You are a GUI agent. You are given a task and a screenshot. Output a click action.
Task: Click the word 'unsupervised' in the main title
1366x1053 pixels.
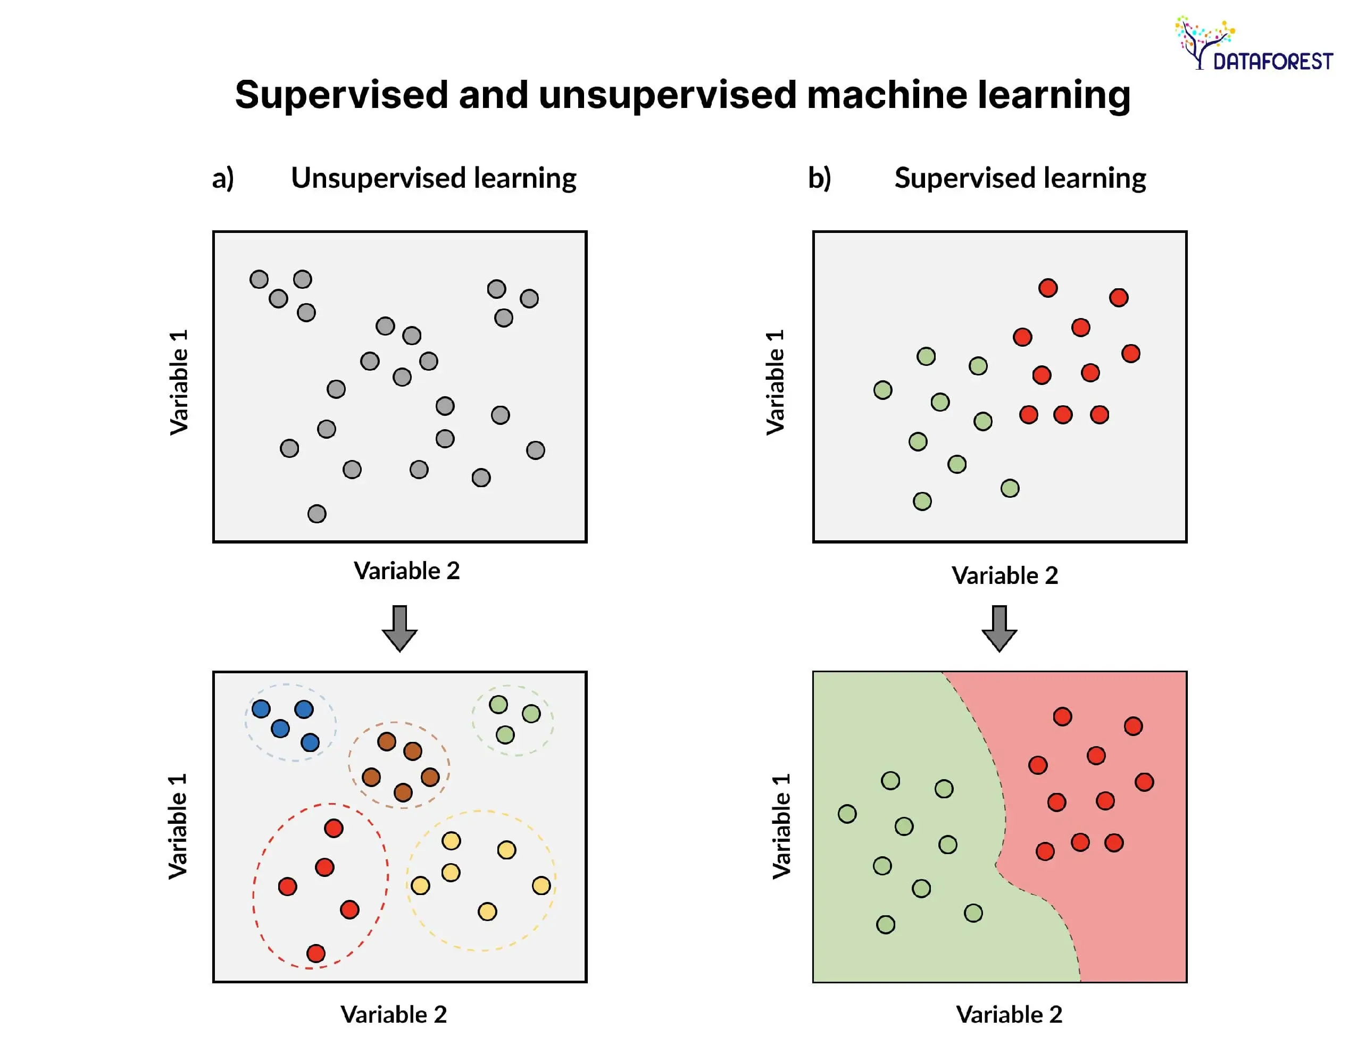pos(667,95)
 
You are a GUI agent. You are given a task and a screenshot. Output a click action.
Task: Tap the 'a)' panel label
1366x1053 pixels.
pos(223,178)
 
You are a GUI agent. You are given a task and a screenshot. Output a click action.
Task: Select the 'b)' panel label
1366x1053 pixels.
pos(819,178)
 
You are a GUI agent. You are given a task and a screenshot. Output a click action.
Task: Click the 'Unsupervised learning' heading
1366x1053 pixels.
pos(434,178)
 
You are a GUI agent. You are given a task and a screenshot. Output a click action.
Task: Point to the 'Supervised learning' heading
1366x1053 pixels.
pos(1020,178)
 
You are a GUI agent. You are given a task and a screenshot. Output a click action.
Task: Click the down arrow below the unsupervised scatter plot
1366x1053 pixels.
pos(399,627)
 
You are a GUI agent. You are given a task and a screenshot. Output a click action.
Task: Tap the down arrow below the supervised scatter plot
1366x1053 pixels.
pos(999,627)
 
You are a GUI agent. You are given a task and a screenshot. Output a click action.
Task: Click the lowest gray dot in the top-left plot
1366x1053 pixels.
pos(317,514)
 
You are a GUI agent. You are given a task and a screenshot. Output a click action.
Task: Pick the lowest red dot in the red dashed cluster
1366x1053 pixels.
pos(316,953)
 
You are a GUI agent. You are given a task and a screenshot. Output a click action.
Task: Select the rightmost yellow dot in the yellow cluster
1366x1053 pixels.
pos(541,885)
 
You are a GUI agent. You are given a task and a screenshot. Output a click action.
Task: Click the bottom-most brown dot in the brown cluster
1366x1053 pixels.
pos(403,793)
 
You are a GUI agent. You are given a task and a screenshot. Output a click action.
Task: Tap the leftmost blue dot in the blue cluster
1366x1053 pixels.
pos(261,709)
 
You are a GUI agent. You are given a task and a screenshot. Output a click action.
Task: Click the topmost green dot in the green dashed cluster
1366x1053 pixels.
pos(498,705)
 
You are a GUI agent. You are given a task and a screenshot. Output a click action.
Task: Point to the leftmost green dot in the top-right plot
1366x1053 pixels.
pos(882,390)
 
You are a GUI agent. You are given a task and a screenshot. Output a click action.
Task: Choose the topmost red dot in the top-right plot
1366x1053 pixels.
pos(1048,288)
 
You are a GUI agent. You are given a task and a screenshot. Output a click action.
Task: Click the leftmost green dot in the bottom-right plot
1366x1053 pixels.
pos(847,814)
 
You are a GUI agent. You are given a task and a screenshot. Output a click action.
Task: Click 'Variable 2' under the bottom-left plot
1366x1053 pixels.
pos(394,1014)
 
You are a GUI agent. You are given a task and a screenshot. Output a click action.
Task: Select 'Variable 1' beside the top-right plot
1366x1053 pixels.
pos(775,383)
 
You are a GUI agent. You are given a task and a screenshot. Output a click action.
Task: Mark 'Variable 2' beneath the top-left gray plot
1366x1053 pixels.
pos(406,570)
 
